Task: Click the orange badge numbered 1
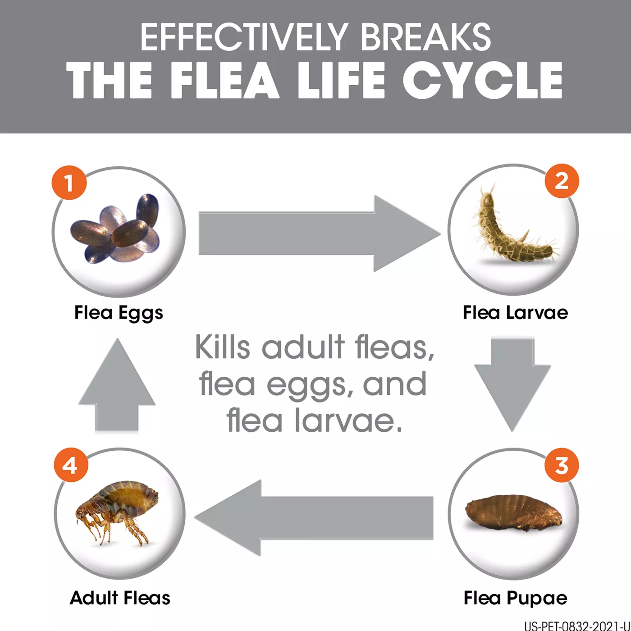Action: pos(69,183)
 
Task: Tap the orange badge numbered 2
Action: pos(562,181)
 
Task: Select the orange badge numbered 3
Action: pos(562,465)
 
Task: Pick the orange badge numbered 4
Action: pos(71,465)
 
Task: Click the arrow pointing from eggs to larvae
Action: pos(320,233)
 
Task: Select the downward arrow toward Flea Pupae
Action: pos(512,385)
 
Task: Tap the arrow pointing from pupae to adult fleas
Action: pos(314,518)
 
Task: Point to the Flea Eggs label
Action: pos(119,313)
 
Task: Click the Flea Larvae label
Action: pos(515,312)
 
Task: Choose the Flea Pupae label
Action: pos(516,598)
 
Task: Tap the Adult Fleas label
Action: pos(120,598)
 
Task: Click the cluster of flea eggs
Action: pos(115,229)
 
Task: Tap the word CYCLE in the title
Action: pos(482,80)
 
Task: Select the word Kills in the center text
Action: pos(223,348)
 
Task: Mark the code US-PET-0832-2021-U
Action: pos(577,626)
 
